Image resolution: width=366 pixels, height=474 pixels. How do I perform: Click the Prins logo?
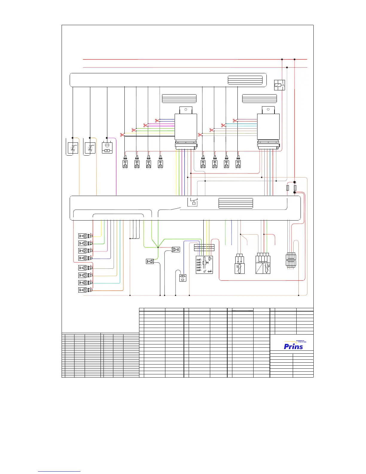(293, 346)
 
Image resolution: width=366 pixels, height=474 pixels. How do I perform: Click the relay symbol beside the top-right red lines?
(280, 85)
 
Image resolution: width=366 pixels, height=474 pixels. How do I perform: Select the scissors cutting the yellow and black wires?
(122, 135)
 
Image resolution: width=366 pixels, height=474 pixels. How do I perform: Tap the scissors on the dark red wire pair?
(235, 121)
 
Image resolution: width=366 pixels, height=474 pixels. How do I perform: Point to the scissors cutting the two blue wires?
(157, 121)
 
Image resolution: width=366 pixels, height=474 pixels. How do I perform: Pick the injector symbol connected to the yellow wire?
(83, 236)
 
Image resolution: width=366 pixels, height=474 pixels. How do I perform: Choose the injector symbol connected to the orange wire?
(83, 290)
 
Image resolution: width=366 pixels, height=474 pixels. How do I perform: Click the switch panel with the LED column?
(204, 265)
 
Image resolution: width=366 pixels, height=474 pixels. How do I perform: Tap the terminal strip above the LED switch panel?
(204, 247)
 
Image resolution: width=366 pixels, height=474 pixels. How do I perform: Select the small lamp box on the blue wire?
(183, 278)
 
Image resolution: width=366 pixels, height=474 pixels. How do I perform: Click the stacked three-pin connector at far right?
(291, 260)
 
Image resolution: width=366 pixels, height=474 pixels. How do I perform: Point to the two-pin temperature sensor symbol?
(240, 264)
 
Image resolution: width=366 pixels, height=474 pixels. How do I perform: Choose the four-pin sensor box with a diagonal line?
(263, 264)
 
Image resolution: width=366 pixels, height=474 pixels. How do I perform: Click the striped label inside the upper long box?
(245, 80)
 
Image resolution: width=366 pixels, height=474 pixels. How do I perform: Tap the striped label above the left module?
(179, 98)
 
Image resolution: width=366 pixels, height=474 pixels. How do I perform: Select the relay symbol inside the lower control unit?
(192, 202)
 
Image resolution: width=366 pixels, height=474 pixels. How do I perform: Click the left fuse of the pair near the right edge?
(288, 188)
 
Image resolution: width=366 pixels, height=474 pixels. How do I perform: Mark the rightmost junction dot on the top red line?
(295, 59)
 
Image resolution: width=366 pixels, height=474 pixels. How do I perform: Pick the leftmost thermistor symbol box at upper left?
(73, 148)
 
